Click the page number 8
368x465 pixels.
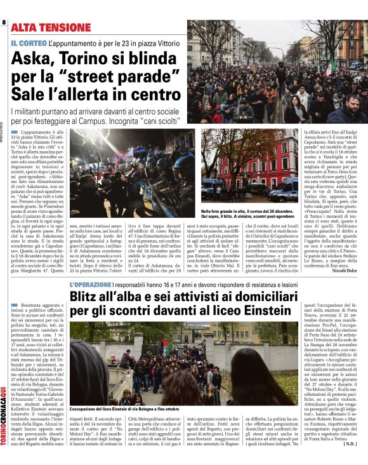tap(3, 23)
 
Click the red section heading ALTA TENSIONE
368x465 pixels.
tap(50, 28)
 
